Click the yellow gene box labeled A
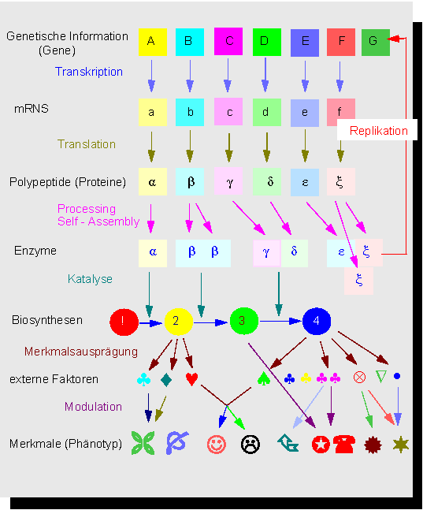click(x=153, y=42)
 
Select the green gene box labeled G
click(x=376, y=42)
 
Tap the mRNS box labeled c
click(x=228, y=112)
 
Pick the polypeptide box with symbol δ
click(x=267, y=181)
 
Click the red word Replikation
click(x=378, y=131)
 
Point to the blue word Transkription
click(x=89, y=72)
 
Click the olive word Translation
click(x=87, y=144)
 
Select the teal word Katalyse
click(x=90, y=279)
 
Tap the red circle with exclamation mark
click(x=124, y=322)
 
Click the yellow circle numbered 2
click(x=179, y=322)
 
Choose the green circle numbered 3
click(x=244, y=321)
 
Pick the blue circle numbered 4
click(x=317, y=321)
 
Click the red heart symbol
click(x=191, y=379)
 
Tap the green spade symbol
click(x=264, y=378)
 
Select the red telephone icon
click(x=344, y=444)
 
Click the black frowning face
click(x=250, y=444)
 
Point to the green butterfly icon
click(x=143, y=443)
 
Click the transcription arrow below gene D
click(x=265, y=75)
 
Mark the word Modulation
click(x=93, y=407)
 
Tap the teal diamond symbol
click(x=166, y=380)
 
